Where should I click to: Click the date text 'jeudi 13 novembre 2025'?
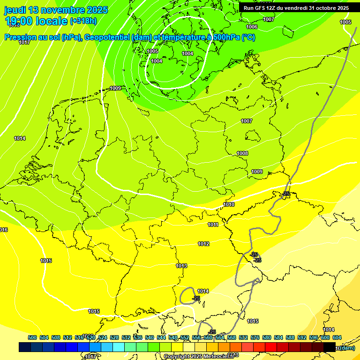point(56,10)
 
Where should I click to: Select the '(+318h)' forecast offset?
point(83,21)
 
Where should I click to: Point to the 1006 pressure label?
point(252,27)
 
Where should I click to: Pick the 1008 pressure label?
point(242,153)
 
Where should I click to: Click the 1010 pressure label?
point(229,204)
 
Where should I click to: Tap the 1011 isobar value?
point(213,225)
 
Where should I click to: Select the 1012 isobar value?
point(203,244)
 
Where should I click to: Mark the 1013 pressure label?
point(181,266)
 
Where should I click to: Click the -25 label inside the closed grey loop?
point(196,298)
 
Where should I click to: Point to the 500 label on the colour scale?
point(32,337)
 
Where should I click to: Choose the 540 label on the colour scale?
point(150,337)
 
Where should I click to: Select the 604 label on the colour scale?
point(337,337)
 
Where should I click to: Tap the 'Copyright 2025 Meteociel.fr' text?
point(197,356)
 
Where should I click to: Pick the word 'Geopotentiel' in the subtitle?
point(105,37)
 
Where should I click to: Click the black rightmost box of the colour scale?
point(330,347)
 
